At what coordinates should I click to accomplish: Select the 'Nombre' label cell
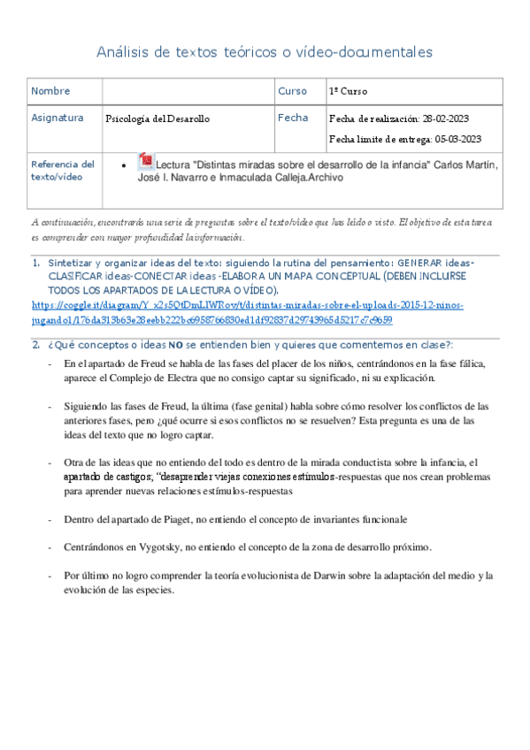[50, 91]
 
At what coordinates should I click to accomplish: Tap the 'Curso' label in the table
[292, 91]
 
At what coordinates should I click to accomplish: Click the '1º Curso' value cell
[349, 91]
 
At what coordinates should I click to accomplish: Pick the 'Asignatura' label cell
[57, 118]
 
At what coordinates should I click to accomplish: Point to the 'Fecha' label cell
[293, 118]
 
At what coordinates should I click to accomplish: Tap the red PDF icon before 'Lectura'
[146, 163]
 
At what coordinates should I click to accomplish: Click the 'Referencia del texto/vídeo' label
[62, 170]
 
